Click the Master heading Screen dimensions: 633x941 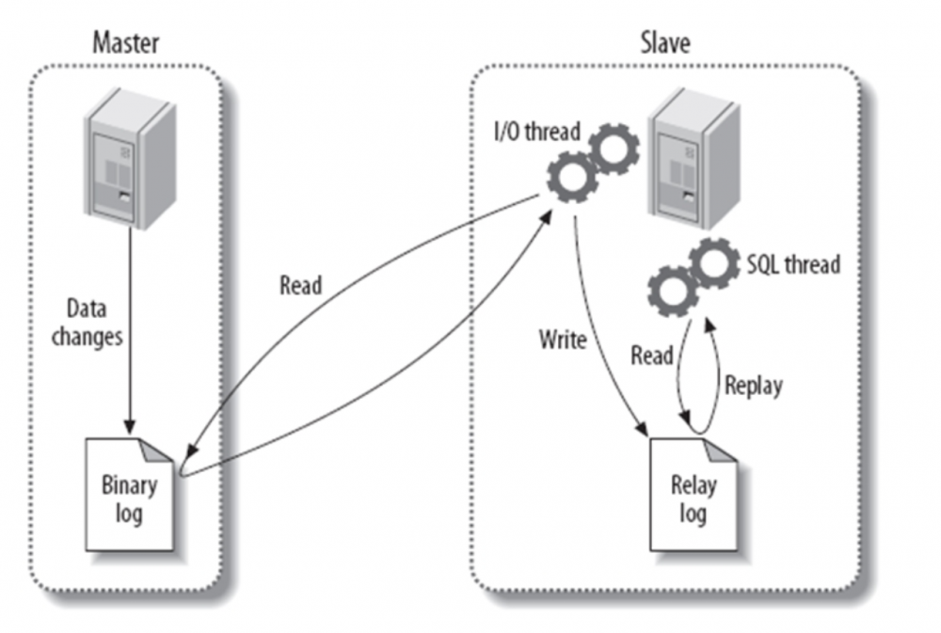pos(125,43)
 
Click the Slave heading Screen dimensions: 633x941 pos(666,43)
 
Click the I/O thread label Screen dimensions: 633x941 pos(537,132)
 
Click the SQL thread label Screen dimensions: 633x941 pos(792,264)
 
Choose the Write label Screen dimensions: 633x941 pos(563,340)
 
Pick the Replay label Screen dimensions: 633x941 pos(753,386)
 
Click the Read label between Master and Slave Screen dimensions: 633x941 pos(300,286)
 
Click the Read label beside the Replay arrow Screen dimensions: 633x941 pos(651,355)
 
